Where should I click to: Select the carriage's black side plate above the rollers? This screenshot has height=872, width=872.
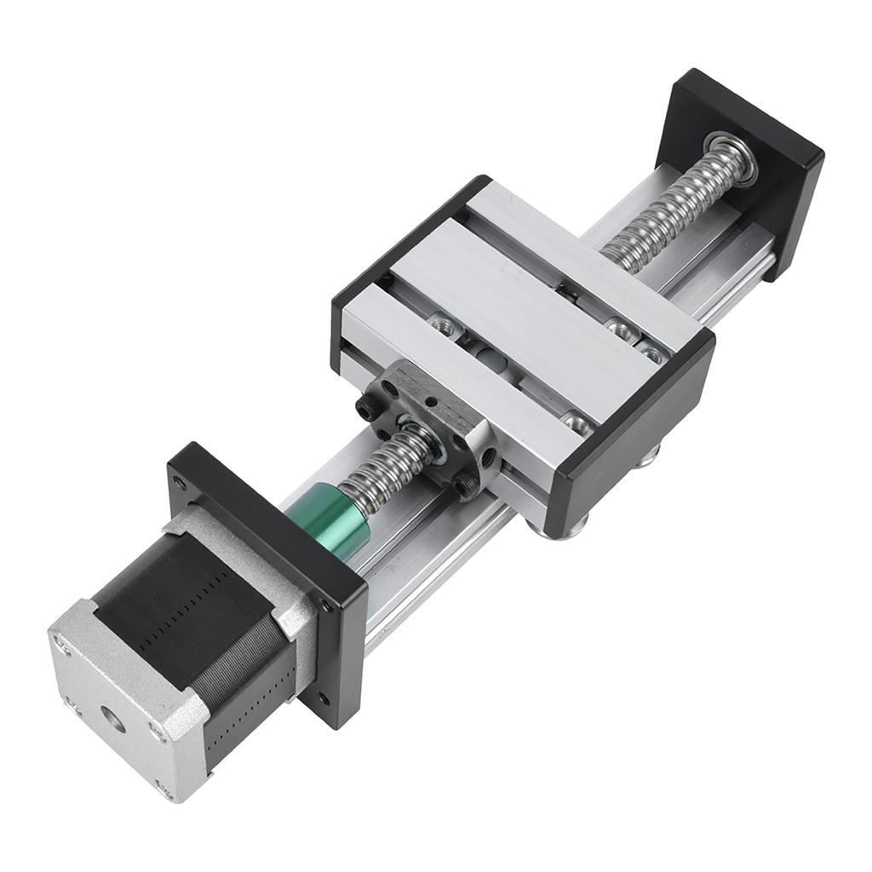pos(630,434)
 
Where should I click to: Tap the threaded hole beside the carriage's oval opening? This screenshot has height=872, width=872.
pos(442,323)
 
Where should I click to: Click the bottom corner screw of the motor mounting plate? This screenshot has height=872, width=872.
pos(324,700)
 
